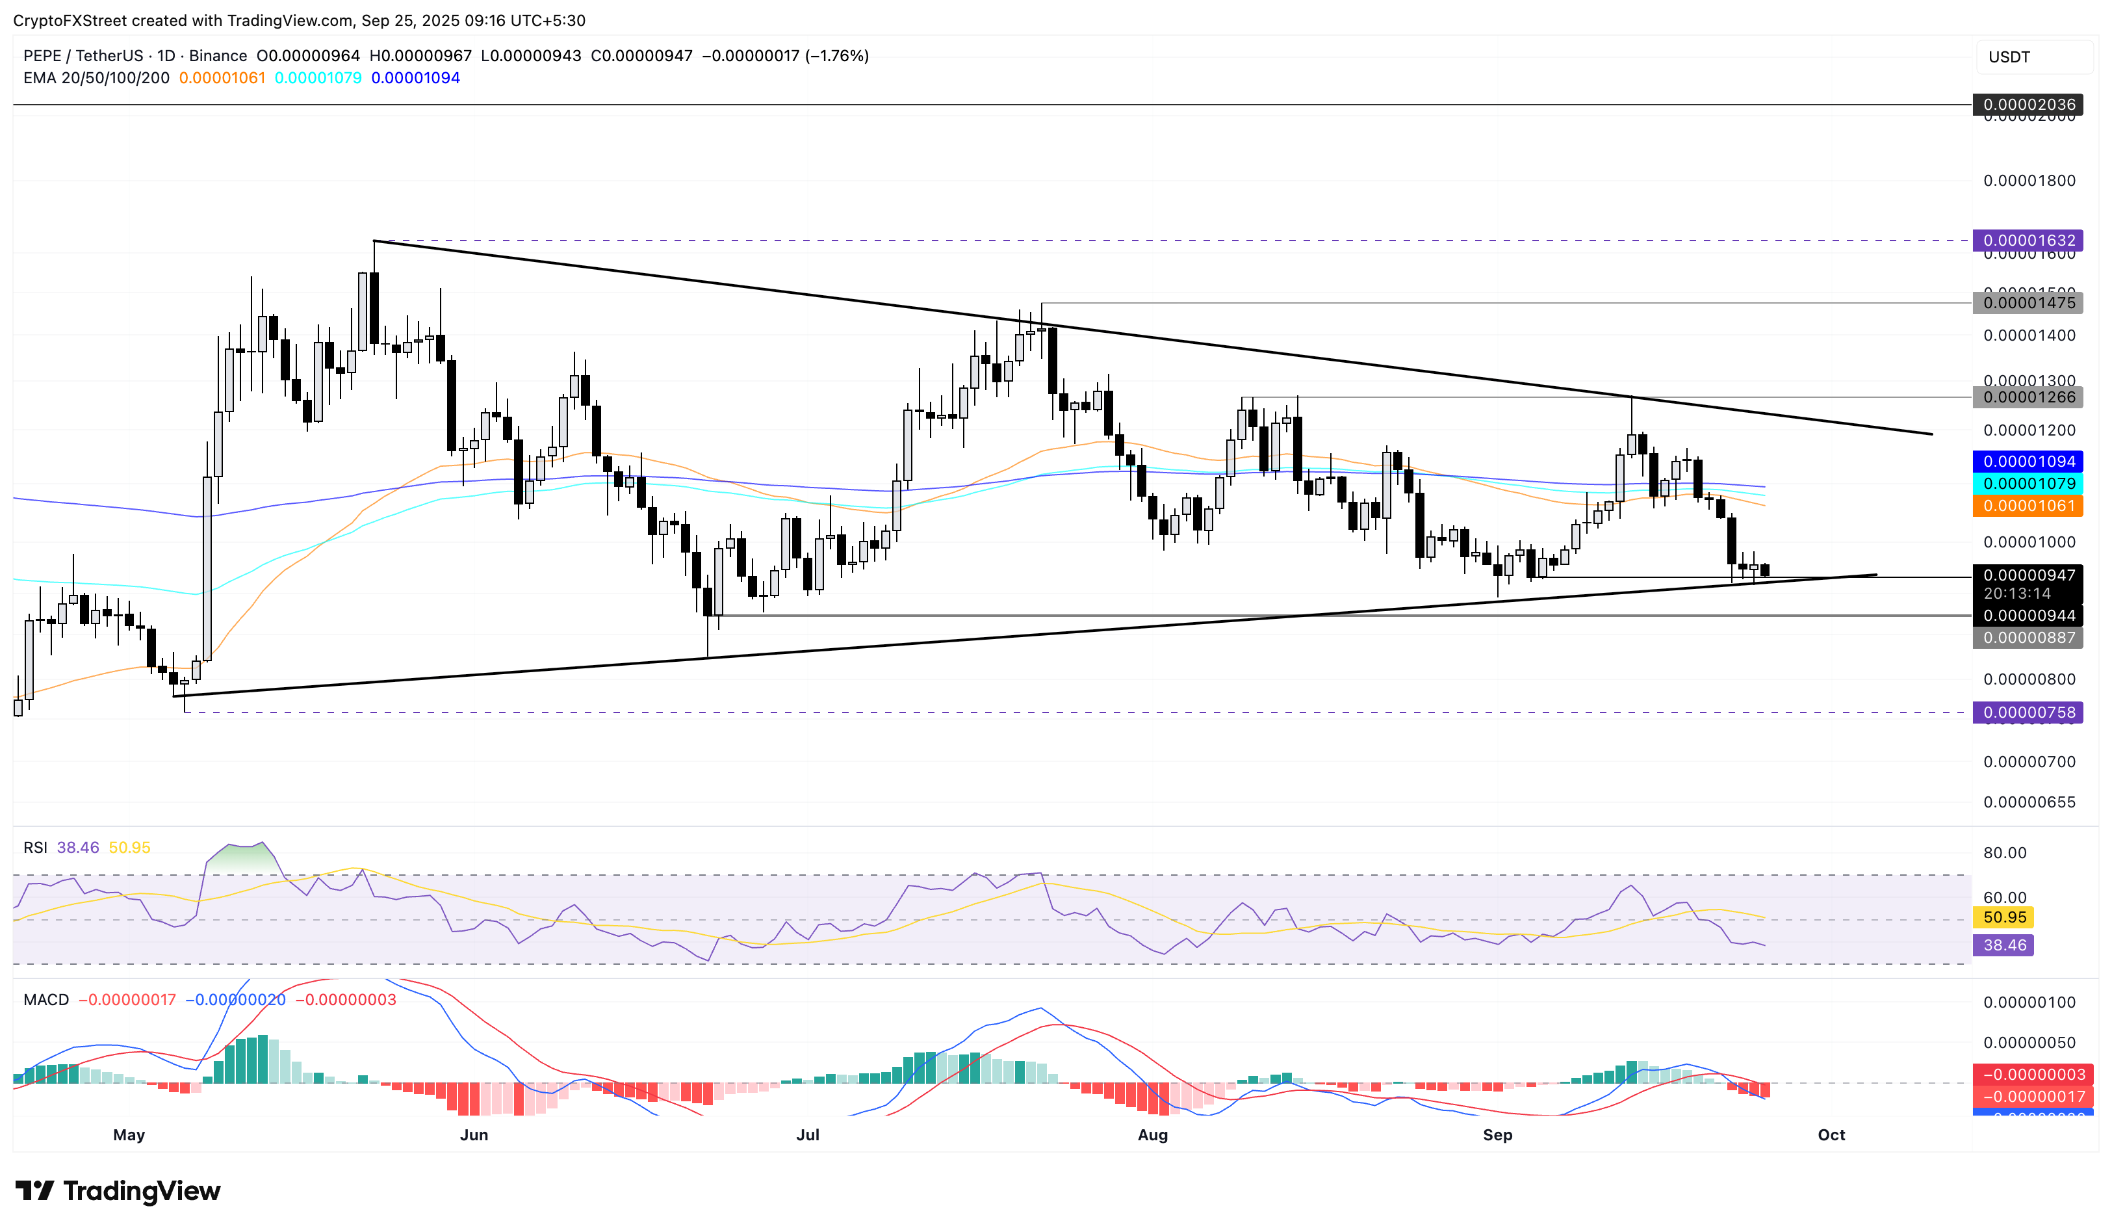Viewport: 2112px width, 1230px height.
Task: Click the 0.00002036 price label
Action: pos(2028,105)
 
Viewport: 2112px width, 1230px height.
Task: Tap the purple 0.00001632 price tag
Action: pos(2028,241)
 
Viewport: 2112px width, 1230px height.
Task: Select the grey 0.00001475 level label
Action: pos(2028,303)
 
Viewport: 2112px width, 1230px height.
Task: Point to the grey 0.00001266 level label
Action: pos(2028,397)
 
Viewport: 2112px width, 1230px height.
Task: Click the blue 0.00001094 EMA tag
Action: pos(2028,461)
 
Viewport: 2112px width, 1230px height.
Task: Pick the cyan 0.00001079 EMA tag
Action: pos(2028,484)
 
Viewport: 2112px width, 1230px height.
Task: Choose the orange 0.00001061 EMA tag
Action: pos(2028,506)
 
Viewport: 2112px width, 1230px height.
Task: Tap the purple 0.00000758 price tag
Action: pos(2028,713)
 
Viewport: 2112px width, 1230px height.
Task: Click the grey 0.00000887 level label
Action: pos(2028,638)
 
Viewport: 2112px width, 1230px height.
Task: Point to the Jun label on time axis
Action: pos(474,1135)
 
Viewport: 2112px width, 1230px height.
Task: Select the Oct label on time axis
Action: pos(1831,1135)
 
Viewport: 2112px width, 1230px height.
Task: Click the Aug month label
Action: pos(1152,1135)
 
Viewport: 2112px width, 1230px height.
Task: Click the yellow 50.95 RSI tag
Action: pos(2004,917)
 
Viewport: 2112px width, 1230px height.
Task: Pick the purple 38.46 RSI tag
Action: pos(2004,946)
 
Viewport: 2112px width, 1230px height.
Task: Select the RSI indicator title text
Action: pos(35,848)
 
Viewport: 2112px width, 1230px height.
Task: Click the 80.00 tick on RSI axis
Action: pos(2004,854)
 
